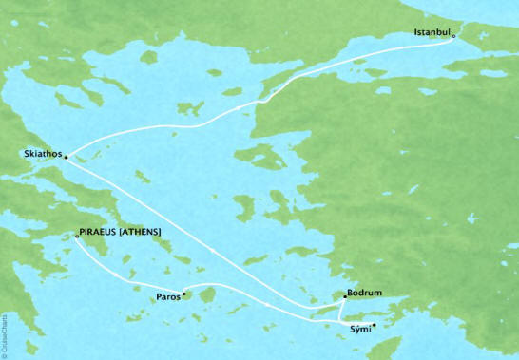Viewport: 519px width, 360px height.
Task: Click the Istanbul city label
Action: [432, 33]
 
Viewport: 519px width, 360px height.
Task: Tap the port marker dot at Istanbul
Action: [454, 37]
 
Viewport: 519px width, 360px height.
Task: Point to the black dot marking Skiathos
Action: [66, 159]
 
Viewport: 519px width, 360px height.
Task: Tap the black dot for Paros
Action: [184, 294]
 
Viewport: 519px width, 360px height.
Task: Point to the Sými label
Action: [357, 328]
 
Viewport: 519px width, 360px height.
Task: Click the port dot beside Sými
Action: [375, 325]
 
